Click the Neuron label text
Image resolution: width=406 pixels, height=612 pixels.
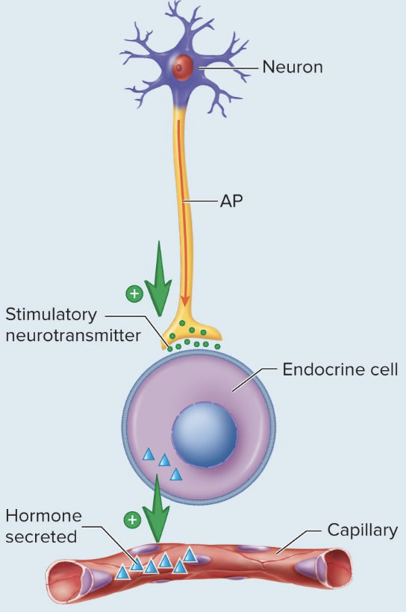pos(292,67)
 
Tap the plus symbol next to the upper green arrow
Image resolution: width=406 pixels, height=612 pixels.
pos(134,293)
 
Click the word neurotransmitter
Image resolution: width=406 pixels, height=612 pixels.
pos(72,335)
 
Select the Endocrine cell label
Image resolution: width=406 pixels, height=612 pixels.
pos(340,369)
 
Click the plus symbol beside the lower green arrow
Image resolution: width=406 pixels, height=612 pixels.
pos(132,519)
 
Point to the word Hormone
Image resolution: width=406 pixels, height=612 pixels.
pos(43,516)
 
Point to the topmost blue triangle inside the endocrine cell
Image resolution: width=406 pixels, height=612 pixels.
pos(148,454)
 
